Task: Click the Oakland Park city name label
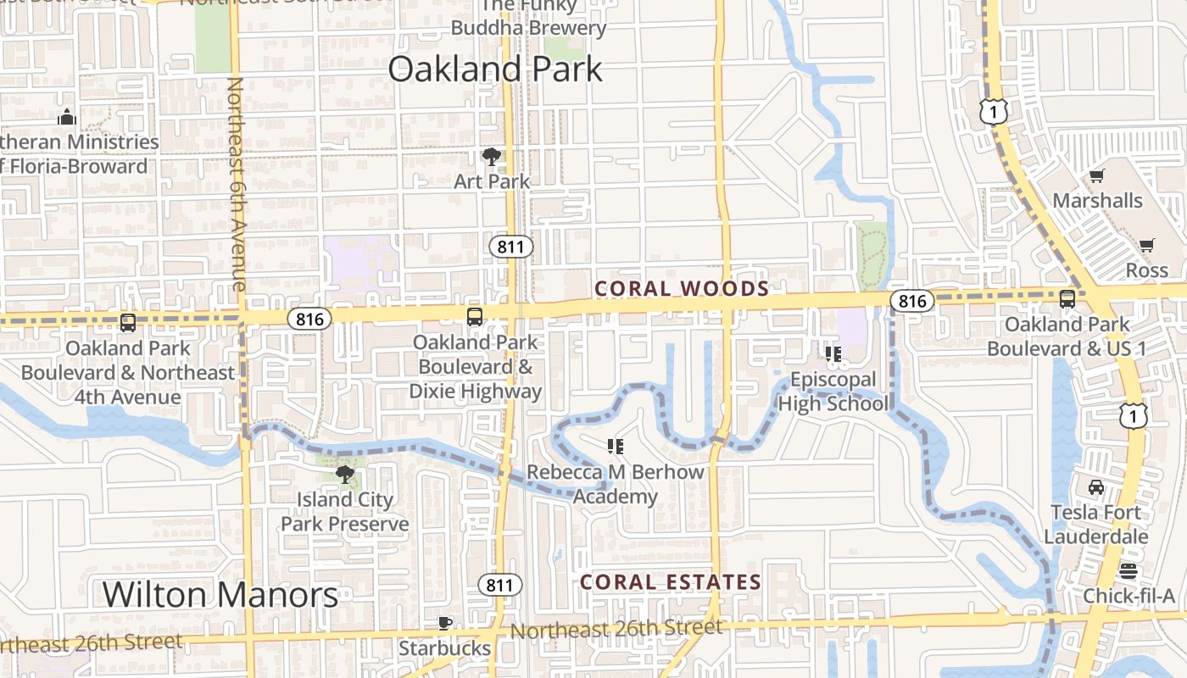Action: [495, 69]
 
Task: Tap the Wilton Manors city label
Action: [220, 595]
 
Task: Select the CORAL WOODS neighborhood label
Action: [682, 289]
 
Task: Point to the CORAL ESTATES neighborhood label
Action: [671, 582]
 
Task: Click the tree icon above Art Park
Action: [491, 157]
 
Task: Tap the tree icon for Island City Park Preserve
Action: [344, 474]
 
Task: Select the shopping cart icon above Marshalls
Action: [1097, 176]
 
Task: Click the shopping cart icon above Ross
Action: [1147, 246]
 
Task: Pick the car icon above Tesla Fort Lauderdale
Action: [1096, 487]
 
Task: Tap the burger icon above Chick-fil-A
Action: [1128, 570]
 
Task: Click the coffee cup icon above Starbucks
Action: [444, 624]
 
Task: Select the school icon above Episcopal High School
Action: [833, 353]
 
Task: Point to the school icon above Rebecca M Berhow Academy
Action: [616, 446]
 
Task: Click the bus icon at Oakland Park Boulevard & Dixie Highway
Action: [475, 317]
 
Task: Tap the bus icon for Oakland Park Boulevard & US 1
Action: [1067, 299]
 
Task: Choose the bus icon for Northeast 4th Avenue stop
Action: [128, 323]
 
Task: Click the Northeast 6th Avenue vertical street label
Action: [237, 184]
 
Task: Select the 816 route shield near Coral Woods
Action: [912, 301]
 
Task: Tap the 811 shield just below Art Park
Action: [511, 247]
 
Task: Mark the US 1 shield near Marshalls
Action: [993, 111]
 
